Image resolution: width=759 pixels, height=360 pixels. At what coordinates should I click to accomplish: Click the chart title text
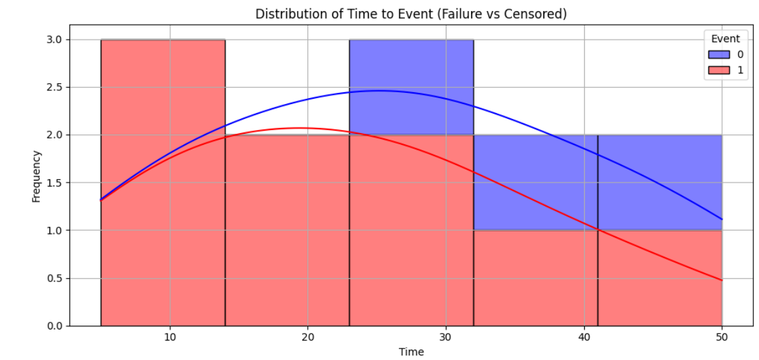[411, 14]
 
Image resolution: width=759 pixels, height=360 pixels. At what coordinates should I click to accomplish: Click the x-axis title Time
[411, 352]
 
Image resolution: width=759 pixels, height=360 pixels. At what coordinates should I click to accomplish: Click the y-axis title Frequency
[36, 176]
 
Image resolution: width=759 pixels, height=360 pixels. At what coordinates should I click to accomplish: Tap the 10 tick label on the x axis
[170, 337]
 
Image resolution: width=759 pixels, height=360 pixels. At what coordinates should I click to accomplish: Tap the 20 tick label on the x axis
[307, 337]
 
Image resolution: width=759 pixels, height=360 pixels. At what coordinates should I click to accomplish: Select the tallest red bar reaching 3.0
[162, 182]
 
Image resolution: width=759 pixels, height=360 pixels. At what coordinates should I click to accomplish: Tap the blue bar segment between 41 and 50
[660, 182]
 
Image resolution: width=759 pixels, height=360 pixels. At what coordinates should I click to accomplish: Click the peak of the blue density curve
[380, 90]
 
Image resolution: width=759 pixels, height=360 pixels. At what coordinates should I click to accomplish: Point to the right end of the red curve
[721, 280]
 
